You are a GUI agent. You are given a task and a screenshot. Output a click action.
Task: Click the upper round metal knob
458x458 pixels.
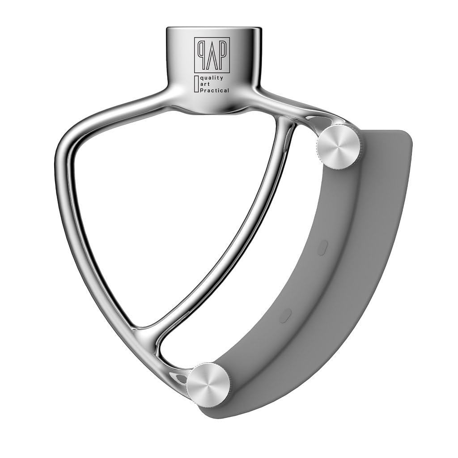[x=339, y=147]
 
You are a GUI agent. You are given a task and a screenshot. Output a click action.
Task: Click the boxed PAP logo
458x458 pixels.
[x=212, y=55]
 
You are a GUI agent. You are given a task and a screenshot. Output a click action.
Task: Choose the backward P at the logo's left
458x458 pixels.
[x=200, y=54]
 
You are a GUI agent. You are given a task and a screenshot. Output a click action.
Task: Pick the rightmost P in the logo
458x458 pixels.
[x=223, y=54]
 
